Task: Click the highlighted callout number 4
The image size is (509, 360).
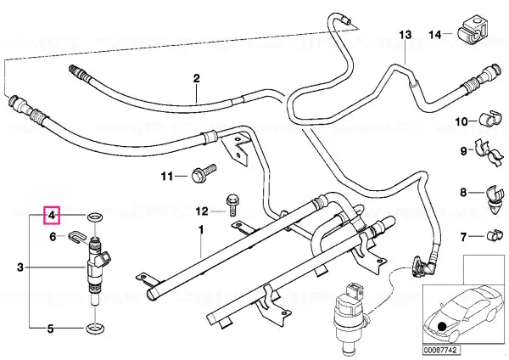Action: point(52,215)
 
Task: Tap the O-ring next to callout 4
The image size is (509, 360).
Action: point(94,217)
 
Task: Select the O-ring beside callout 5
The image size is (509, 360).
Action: point(94,328)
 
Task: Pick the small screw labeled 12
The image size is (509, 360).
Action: point(231,205)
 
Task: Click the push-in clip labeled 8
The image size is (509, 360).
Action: point(496,200)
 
